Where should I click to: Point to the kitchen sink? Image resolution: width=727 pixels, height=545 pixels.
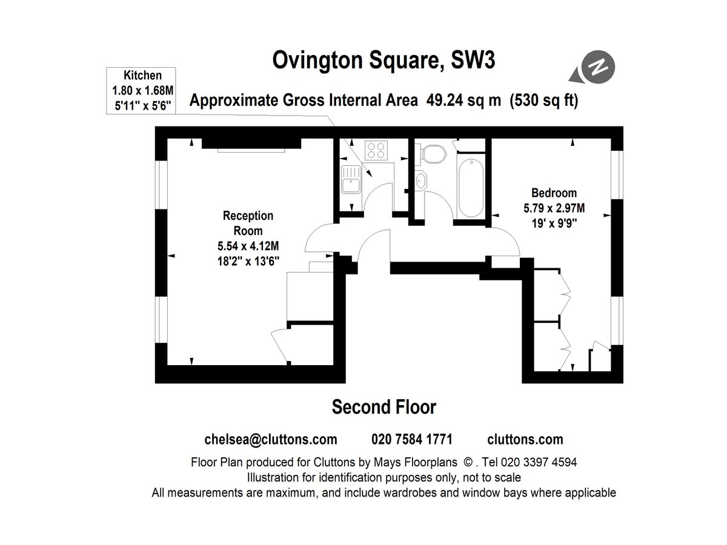[351, 180]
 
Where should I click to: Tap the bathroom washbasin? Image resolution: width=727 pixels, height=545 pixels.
[422, 180]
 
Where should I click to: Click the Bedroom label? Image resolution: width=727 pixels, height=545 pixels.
[554, 193]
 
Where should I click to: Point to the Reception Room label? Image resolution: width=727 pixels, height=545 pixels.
[248, 223]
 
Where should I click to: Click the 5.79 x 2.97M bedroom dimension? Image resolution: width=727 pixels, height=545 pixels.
[554, 208]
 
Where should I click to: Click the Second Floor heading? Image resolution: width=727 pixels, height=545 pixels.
[383, 407]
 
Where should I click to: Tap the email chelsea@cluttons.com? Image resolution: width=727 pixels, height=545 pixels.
[271, 440]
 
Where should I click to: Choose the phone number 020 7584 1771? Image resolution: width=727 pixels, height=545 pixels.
[411, 440]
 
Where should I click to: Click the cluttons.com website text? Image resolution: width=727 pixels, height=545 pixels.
[525, 440]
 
